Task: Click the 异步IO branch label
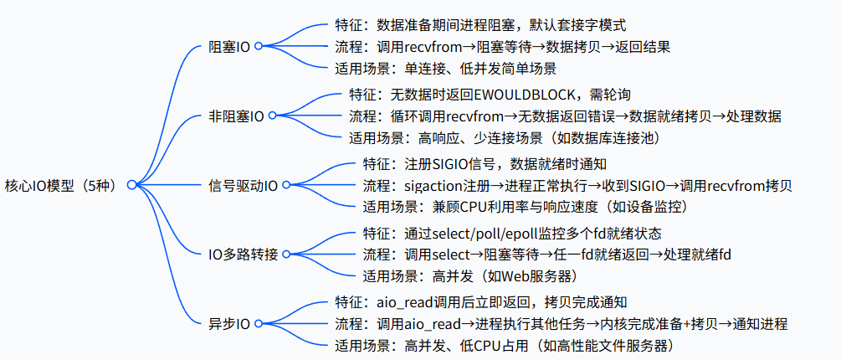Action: pyautogui.click(x=228, y=322)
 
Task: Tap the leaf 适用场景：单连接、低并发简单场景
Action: pyautogui.click(x=444, y=69)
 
